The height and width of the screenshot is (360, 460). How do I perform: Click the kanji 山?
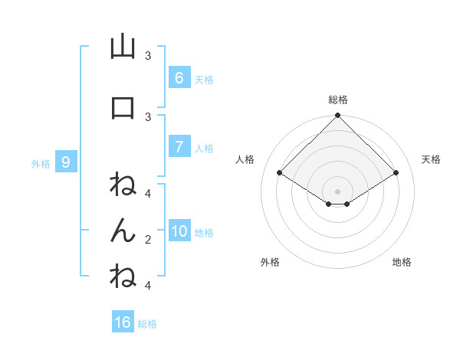pos(123,47)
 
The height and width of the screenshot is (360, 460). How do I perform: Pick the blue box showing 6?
pos(179,78)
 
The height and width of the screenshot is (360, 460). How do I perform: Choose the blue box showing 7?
pos(179,147)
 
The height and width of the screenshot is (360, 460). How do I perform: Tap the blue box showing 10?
pos(179,231)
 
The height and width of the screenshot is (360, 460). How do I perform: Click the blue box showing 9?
pos(66,162)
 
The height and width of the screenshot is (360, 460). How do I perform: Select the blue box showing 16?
pos(123,322)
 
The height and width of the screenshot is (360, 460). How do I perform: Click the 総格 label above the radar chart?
pos(337,100)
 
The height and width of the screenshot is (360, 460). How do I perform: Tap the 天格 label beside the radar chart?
pos(431,159)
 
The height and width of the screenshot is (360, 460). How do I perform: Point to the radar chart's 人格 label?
pos(245,159)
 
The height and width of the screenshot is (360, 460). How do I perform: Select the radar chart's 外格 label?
pos(270,262)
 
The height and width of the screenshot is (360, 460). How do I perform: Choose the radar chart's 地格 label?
pos(402,262)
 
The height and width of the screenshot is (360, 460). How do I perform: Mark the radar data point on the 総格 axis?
pos(337,116)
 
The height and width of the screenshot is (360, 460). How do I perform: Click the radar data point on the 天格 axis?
pos(396,173)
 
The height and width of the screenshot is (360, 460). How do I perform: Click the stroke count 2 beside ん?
pos(147,239)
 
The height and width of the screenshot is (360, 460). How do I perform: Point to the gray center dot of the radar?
pos(337,191)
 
